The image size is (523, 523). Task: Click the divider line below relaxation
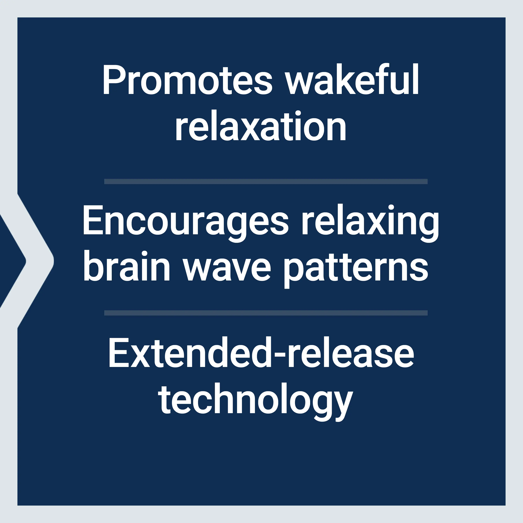pos(266,181)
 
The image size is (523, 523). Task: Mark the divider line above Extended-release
pos(266,313)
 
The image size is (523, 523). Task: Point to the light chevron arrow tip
pos(54,261)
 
